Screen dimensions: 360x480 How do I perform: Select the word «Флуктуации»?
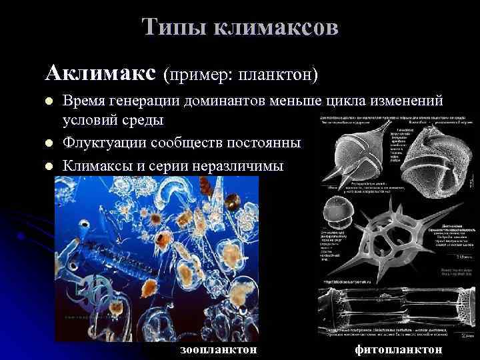[x=105, y=143]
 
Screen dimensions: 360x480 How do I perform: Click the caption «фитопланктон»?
[x=398, y=349]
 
